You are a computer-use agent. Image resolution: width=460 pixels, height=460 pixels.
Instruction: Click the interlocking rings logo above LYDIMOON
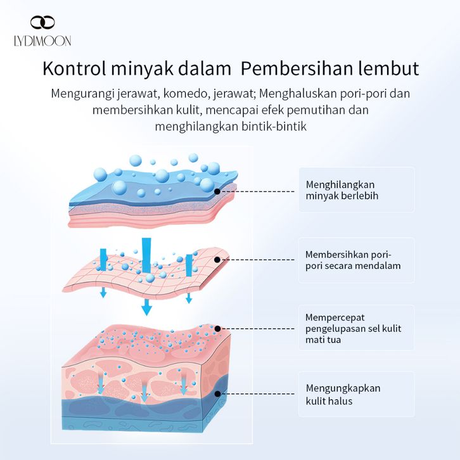coord(42,23)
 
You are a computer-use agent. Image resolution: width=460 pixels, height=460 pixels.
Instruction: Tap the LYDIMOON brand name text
coord(43,41)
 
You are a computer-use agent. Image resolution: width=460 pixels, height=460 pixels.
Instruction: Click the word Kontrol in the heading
coord(75,68)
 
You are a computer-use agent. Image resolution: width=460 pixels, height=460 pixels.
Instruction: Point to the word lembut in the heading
coord(389,68)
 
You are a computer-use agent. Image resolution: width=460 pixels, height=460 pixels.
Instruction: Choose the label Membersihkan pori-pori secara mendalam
coord(353,260)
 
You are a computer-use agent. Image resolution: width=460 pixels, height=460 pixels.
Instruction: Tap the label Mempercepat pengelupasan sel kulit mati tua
coord(353,328)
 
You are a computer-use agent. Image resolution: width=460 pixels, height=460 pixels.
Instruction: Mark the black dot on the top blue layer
coord(217,190)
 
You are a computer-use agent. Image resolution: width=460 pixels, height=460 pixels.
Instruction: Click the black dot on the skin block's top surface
coord(217,328)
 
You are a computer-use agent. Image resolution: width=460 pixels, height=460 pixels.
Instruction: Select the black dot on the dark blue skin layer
coord(217,393)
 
